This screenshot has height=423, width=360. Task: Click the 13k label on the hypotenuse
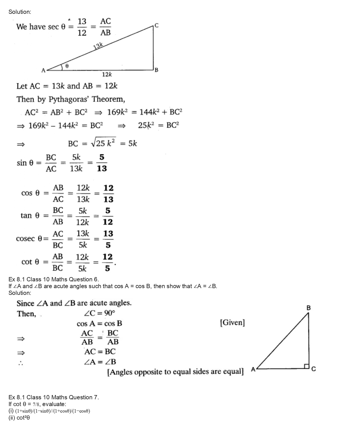[98, 46]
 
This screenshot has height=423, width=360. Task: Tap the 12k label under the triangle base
[107, 74]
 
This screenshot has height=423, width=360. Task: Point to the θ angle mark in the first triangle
[67, 66]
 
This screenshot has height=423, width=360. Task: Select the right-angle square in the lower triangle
[306, 366]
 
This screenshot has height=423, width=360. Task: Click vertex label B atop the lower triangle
[308, 308]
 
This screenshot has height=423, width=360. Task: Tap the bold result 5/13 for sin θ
[102, 163]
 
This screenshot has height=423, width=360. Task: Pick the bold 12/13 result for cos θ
[108, 194]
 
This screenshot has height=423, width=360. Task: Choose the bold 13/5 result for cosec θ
[108, 239]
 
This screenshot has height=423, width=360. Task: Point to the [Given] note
[232, 323]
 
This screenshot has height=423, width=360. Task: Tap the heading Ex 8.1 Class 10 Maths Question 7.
[54, 397]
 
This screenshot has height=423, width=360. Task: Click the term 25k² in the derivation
[146, 125]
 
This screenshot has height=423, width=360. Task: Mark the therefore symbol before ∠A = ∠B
[21, 363]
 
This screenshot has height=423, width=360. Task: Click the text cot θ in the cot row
[30, 262]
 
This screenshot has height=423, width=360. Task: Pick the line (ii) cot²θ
[19, 418]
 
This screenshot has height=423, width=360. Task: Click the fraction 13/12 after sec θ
[82, 27]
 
